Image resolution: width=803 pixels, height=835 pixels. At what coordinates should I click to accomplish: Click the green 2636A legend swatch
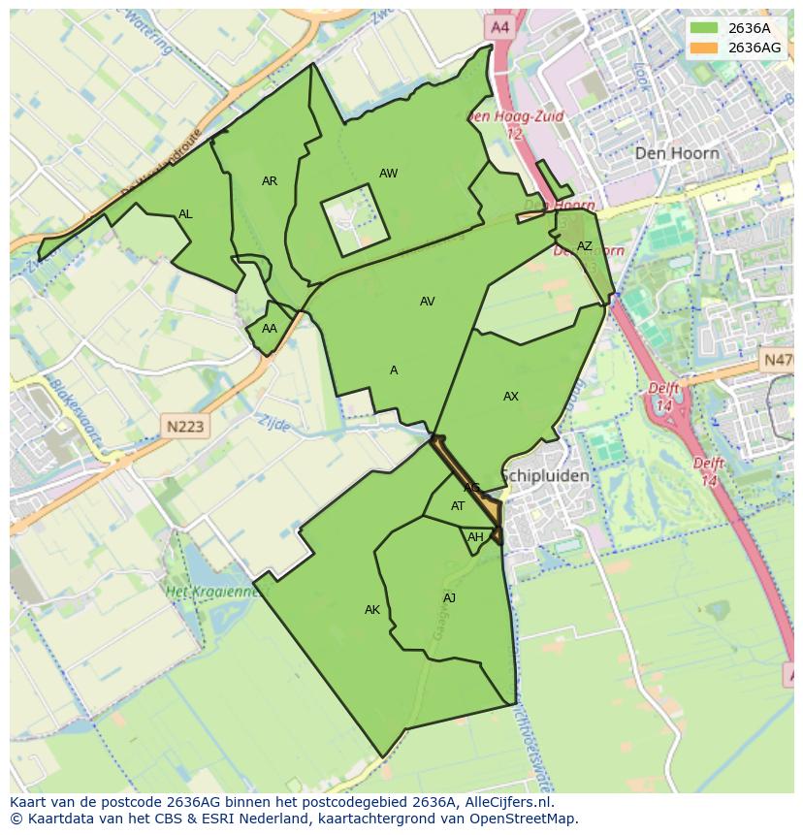click(704, 28)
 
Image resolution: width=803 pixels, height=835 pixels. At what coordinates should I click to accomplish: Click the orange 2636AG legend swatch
click(704, 48)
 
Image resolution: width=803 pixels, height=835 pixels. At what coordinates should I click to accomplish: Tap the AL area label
click(185, 214)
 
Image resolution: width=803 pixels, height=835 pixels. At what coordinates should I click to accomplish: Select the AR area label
click(270, 181)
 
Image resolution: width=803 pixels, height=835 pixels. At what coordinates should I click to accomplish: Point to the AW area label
click(388, 174)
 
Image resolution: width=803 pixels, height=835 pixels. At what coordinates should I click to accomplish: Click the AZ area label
click(584, 246)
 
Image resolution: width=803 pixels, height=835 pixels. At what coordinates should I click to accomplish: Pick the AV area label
click(427, 302)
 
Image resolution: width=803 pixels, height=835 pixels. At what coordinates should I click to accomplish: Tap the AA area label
click(270, 329)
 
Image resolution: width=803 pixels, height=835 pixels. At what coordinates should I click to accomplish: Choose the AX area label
click(511, 397)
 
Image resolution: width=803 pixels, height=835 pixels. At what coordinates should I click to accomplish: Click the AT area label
click(458, 506)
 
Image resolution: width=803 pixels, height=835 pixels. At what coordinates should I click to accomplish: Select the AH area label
click(475, 537)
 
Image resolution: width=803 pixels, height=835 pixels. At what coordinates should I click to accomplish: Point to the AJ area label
click(449, 598)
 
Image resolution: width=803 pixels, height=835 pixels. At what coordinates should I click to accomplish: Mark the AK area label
click(372, 610)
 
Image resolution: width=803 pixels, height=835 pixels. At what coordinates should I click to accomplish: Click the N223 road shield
click(184, 426)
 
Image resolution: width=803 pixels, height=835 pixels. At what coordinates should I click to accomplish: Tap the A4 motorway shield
click(499, 28)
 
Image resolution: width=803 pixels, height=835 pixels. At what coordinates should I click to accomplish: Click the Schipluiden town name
click(545, 476)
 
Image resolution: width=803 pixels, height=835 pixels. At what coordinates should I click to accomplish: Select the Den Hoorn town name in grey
click(677, 153)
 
